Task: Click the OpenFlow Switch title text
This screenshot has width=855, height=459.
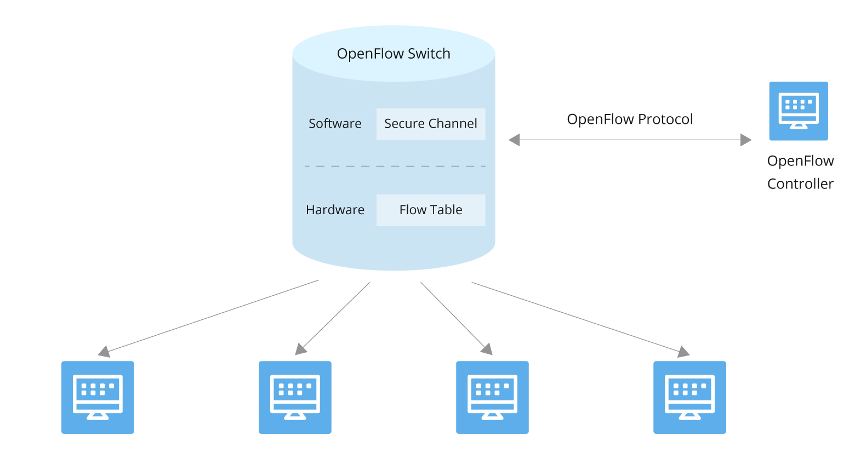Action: (x=394, y=54)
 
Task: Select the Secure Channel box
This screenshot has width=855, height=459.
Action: (x=430, y=124)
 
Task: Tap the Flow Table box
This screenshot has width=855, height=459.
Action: (x=430, y=210)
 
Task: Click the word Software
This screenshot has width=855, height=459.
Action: (x=335, y=124)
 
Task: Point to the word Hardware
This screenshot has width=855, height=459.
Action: (x=335, y=210)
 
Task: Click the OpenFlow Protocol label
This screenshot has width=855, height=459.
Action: (x=630, y=119)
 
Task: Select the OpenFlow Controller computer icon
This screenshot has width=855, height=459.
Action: (x=799, y=111)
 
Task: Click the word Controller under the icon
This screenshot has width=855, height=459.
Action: (x=800, y=184)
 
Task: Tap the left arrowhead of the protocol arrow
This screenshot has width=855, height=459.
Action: (x=514, y=140)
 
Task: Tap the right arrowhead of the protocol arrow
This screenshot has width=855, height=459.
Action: (x=746, y=140)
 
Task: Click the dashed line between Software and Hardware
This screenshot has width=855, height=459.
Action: (x=395, y=165)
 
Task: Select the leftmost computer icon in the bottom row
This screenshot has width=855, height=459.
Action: (x=98, y=397)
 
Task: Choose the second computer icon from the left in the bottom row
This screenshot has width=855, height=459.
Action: (x=295, y=397)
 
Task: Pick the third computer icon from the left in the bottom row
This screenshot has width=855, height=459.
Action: (x=492, y=397)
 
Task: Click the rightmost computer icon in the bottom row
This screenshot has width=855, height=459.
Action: (x=689, y=397)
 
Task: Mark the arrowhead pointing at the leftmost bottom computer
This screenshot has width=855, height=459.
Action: (x=104, y=352)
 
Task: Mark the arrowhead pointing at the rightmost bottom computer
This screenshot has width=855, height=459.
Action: (x=683, y=352)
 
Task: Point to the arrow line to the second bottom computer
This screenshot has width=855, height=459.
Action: (x=335, y=315)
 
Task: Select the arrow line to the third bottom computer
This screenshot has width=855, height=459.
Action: (x=453, y=315)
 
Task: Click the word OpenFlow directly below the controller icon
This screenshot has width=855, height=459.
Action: (x=800, y=161)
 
